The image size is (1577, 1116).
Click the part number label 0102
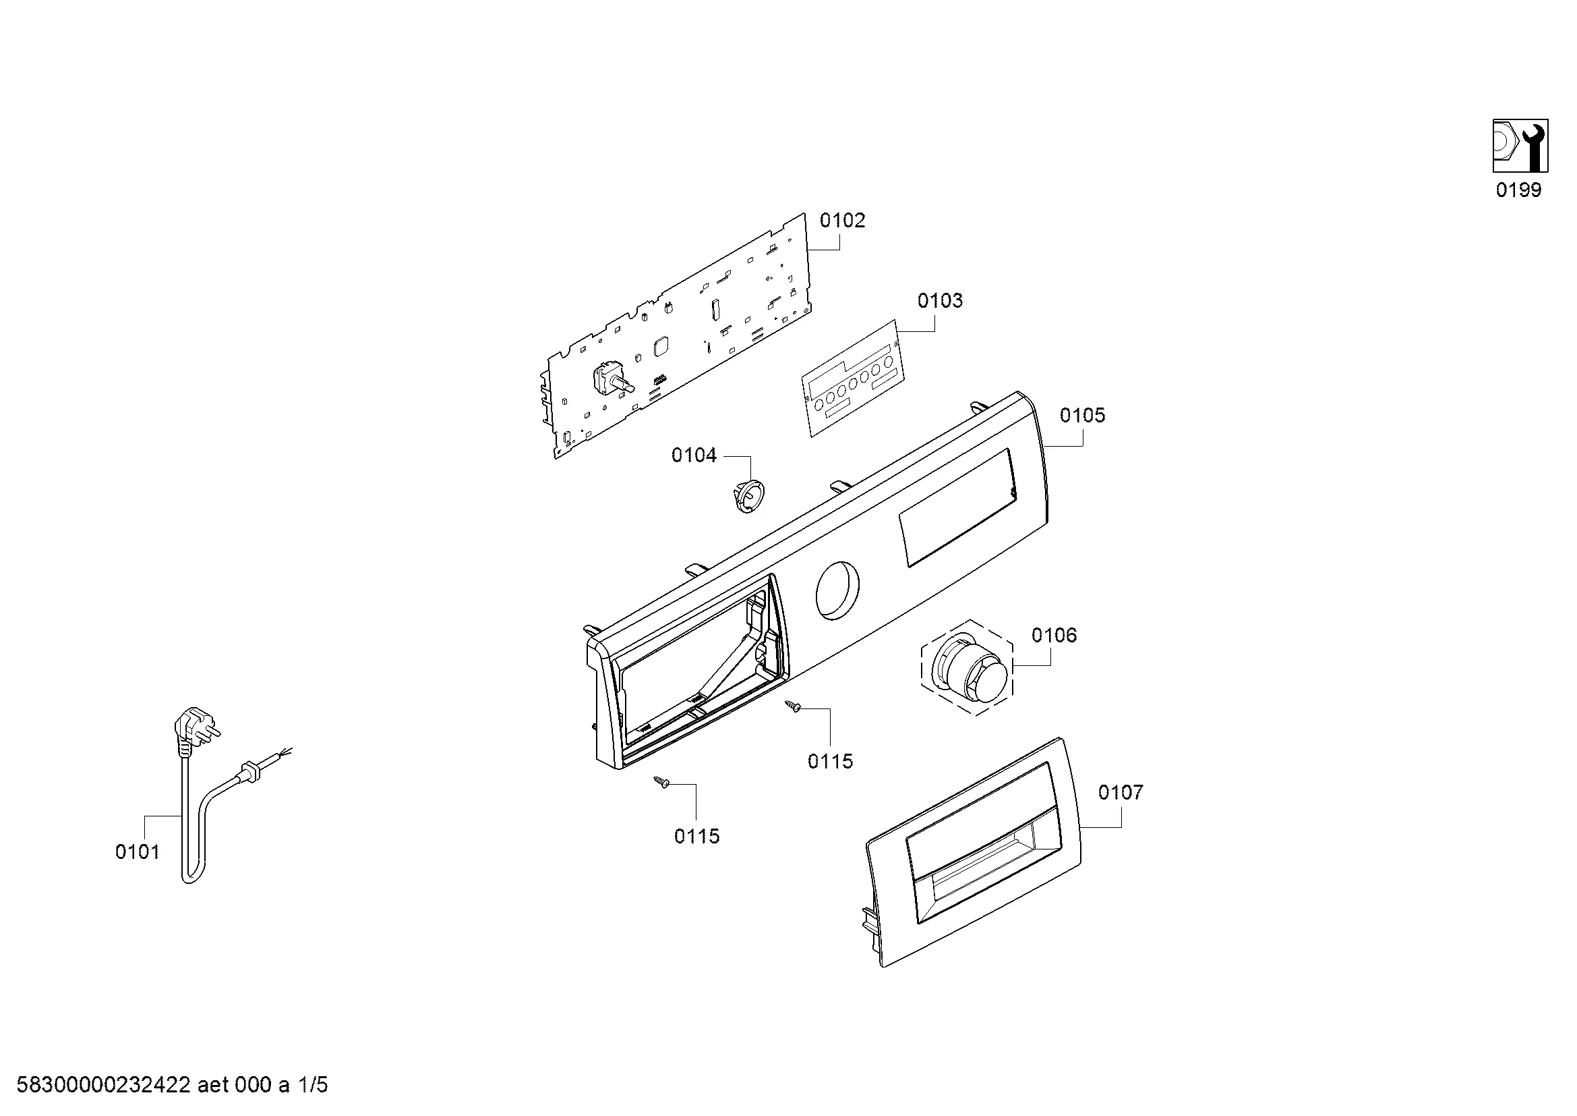tap(842, 221)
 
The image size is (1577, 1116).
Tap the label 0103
tap(940, 300)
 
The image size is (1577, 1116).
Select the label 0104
tap(694, 455)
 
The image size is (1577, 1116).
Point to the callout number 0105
tap(1083, 415)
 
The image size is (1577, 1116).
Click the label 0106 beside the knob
tap(1054, 635)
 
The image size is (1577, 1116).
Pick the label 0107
tap(1121, 792)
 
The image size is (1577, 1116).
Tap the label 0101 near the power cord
tap(138, 852)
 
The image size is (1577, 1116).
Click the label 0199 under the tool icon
tap(1518, 190)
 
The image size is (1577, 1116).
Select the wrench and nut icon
tap(1520, 146)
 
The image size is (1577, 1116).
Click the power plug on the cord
tap(195, 731)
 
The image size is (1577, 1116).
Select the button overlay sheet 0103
tap(853, 378)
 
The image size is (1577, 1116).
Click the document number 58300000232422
tap(103, 1085)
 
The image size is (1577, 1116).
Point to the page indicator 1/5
tap(313, 1085)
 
